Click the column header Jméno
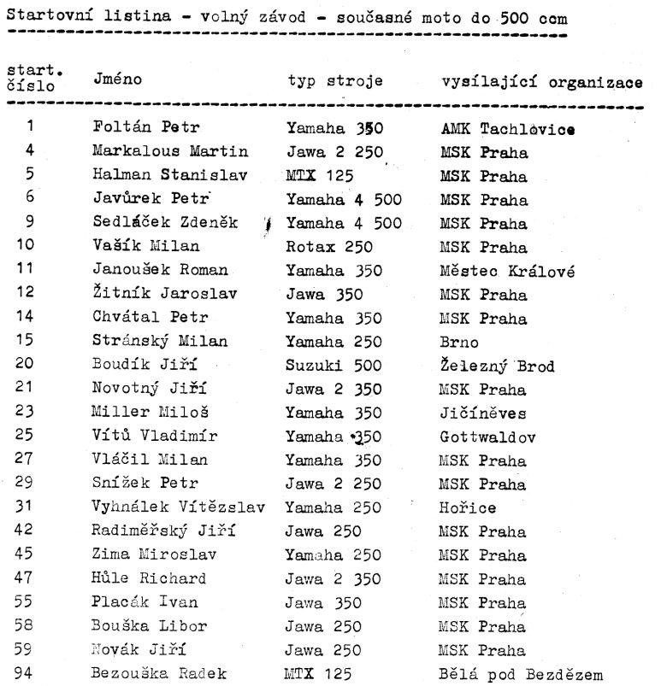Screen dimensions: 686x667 click(x=119, y=79)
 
